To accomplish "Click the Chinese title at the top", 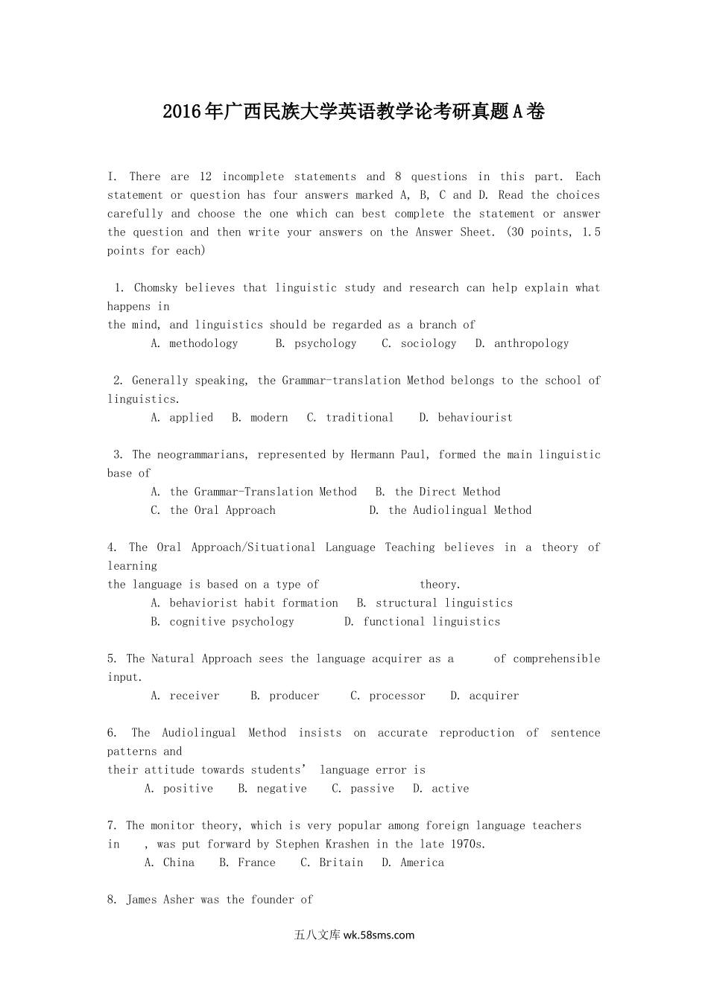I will [353, 112].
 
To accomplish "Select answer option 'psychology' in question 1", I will [325, 343].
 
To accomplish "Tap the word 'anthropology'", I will [531, 343].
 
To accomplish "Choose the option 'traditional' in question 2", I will [359, 418].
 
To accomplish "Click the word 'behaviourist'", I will [475, 418].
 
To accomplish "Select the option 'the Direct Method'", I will [447, 492].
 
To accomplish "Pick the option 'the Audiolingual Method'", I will [460, 510].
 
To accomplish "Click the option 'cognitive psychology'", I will [231, 622].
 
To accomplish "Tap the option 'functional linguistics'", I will [432, 622].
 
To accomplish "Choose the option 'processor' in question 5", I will [397, 696].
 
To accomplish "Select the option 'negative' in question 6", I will [282, 789].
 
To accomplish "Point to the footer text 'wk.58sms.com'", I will [379, 935].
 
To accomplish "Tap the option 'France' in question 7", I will [256, 862].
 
